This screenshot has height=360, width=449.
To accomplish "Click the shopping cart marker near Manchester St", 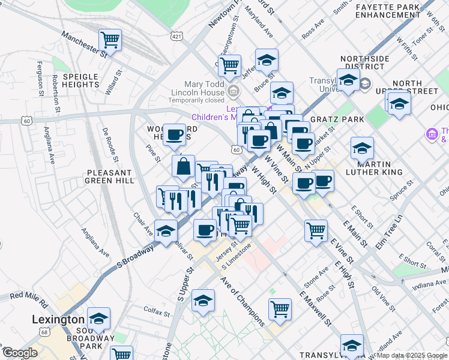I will (x=110, y=40).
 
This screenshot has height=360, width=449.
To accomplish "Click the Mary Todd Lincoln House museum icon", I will (x=234, y=91).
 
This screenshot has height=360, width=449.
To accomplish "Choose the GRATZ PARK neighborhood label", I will (x=342, y=119).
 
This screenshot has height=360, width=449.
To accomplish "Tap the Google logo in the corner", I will (x=20, y=353).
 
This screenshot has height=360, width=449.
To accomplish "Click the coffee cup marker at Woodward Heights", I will (x=175, y=135).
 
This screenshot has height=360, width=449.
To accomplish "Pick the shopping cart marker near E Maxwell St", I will (x=280, y=309).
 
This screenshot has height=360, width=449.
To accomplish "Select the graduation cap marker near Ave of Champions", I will (x=203, y=301).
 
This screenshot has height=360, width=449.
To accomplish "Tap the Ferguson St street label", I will (x=39, y=77).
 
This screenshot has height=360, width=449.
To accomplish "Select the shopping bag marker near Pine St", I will (x=184, y=167).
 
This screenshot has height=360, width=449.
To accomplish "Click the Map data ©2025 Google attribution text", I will (x=411, y=355).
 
